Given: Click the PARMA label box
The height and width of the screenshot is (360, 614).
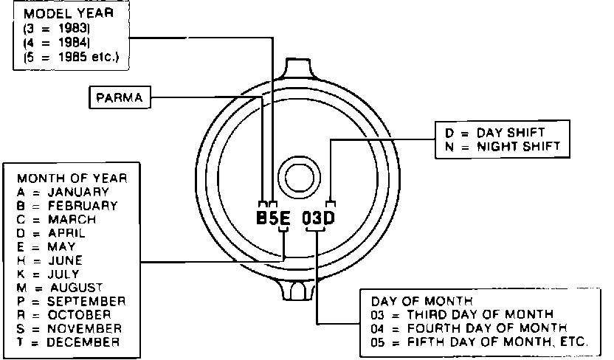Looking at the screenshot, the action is tap(120, 97).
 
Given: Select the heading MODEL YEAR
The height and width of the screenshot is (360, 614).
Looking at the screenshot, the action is tap(69, 14).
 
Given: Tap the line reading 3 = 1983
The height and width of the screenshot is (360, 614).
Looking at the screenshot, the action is tap(57, 28).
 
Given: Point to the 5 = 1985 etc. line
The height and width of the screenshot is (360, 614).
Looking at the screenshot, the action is tap(71, 57).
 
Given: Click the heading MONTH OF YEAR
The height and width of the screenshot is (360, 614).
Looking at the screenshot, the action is tap(72, 179).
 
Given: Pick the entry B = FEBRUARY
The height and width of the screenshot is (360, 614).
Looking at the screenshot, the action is tap(67, 206).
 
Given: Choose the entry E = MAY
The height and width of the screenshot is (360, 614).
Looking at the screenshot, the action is tap(46, 247).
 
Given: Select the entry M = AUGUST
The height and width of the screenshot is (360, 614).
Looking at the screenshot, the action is tap(60, 288).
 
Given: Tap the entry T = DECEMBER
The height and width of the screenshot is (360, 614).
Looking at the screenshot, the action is tap(68, 342).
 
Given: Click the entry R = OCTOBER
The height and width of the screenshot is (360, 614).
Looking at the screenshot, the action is tap(63, 315).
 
